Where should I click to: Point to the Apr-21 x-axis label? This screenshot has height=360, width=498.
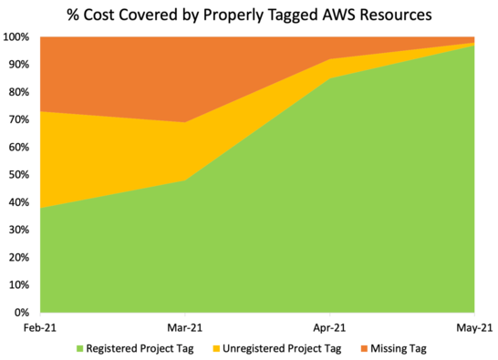[x=328, y=326]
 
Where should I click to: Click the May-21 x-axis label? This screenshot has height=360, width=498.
[x=474, y=326]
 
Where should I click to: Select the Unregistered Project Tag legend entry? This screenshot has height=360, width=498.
[x=286, y=347]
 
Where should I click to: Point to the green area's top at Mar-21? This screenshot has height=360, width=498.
[x=185, y=180]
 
